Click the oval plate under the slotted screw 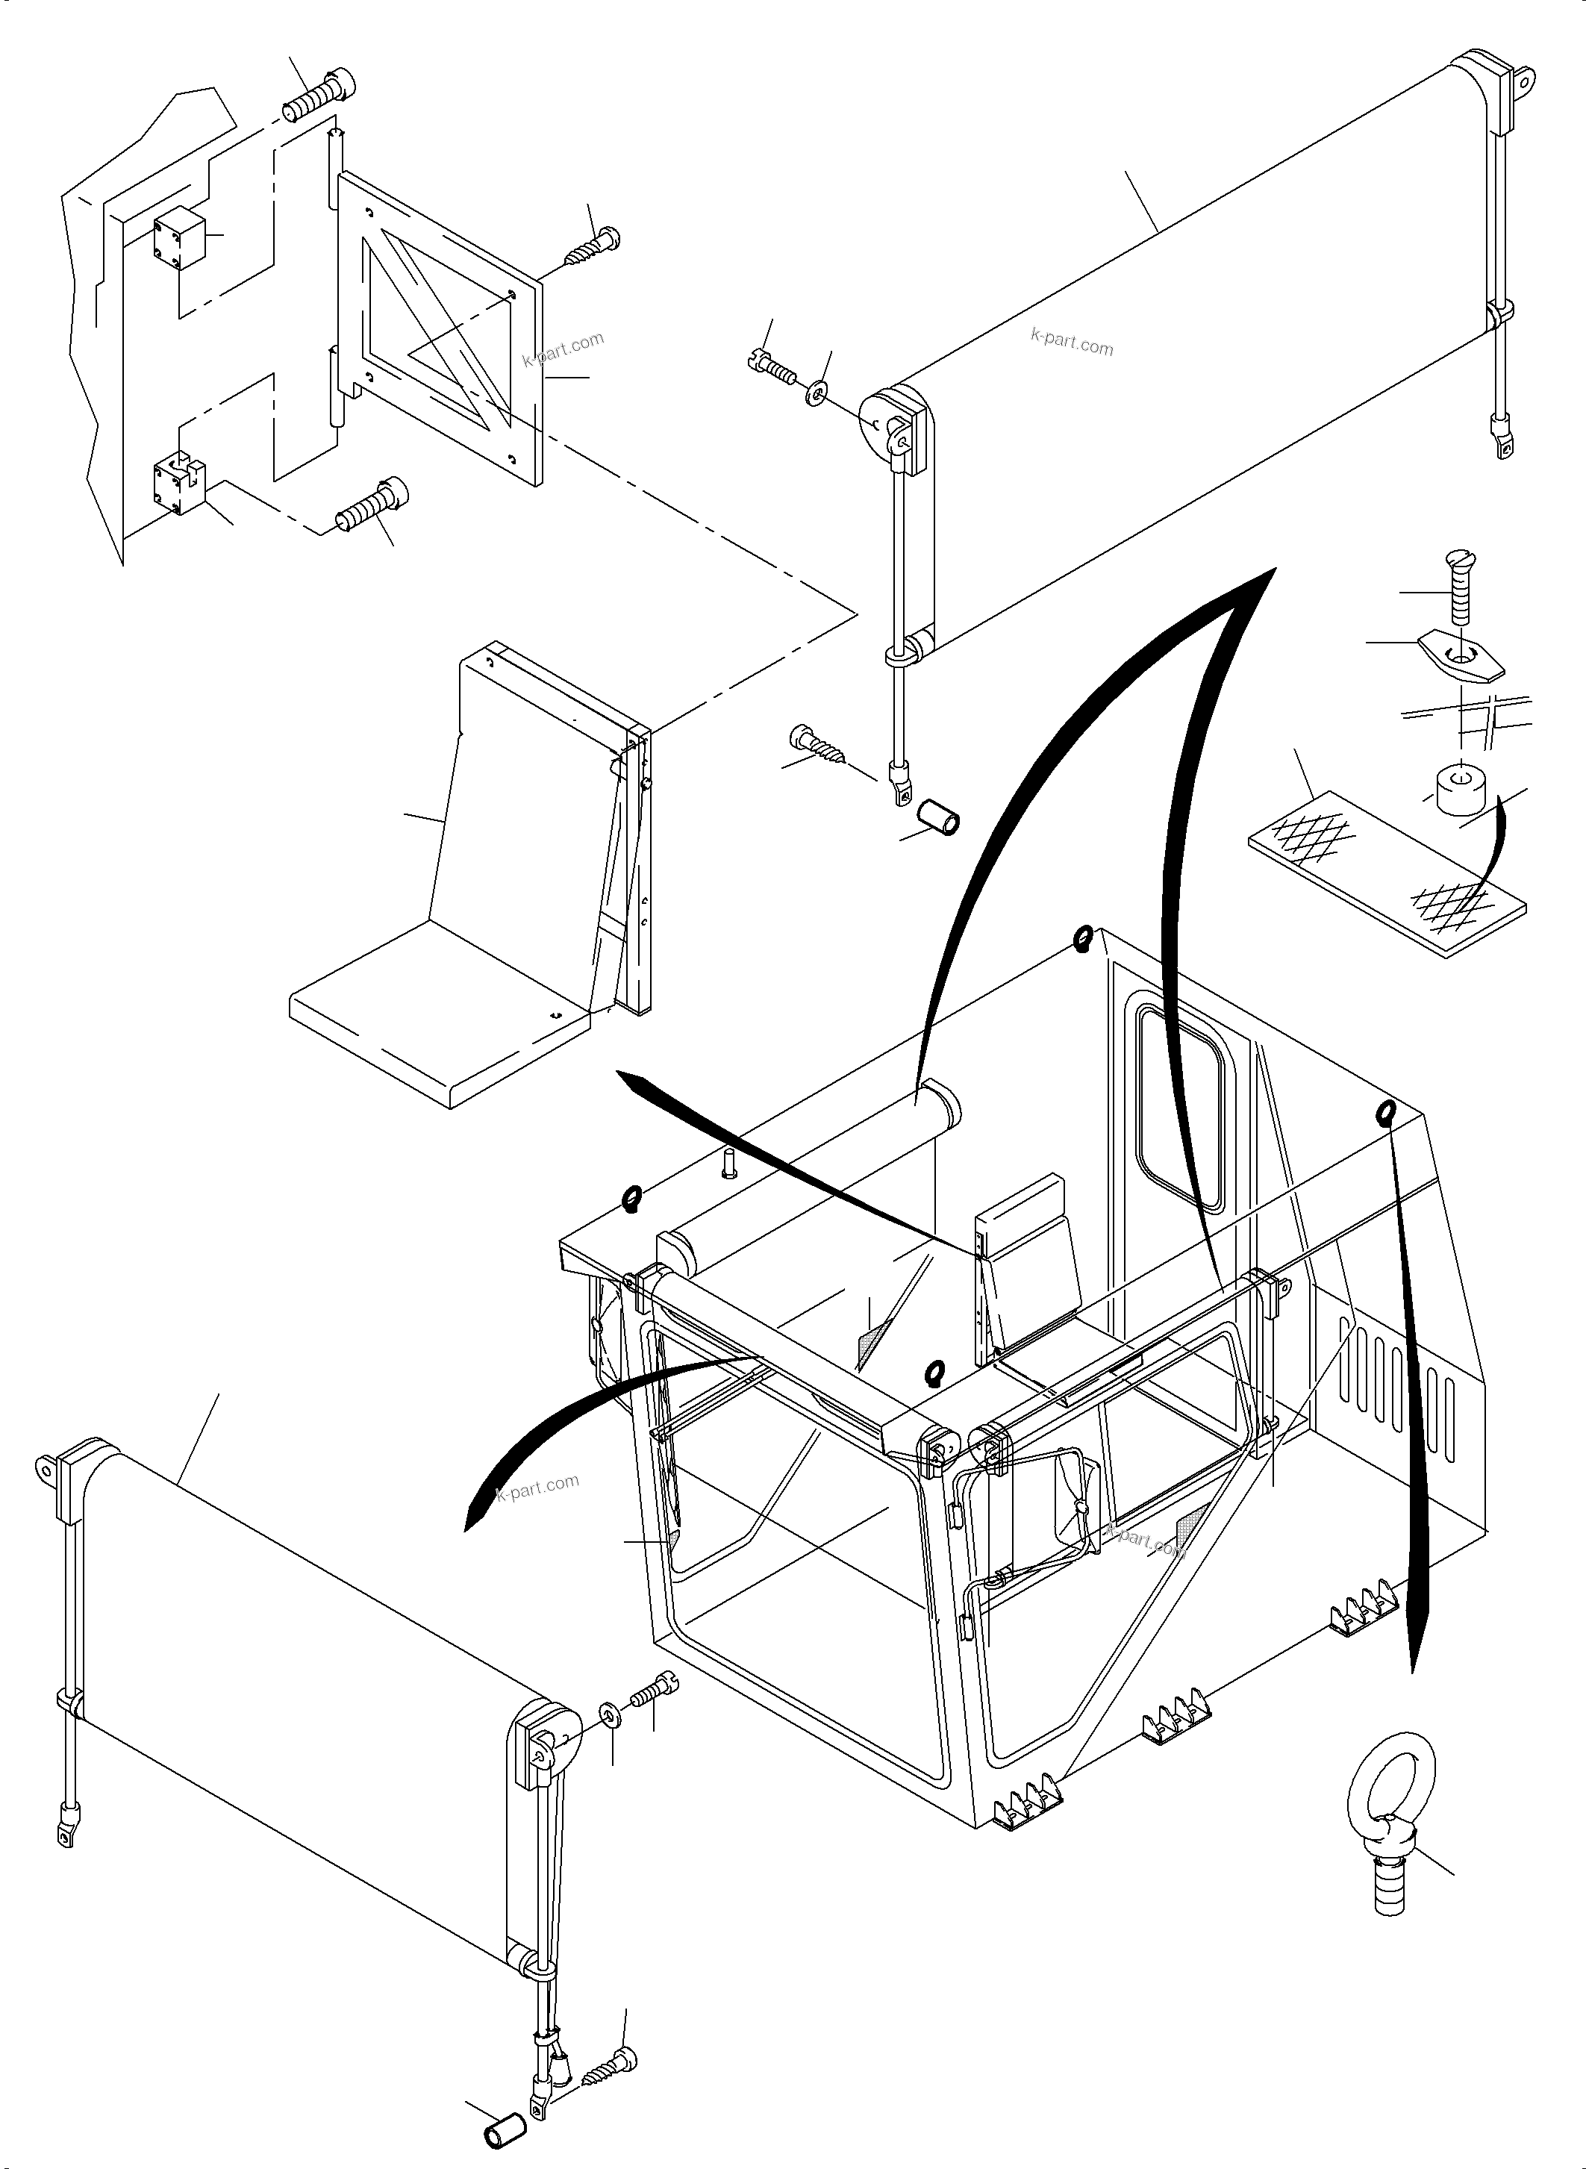pos(1462,660)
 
